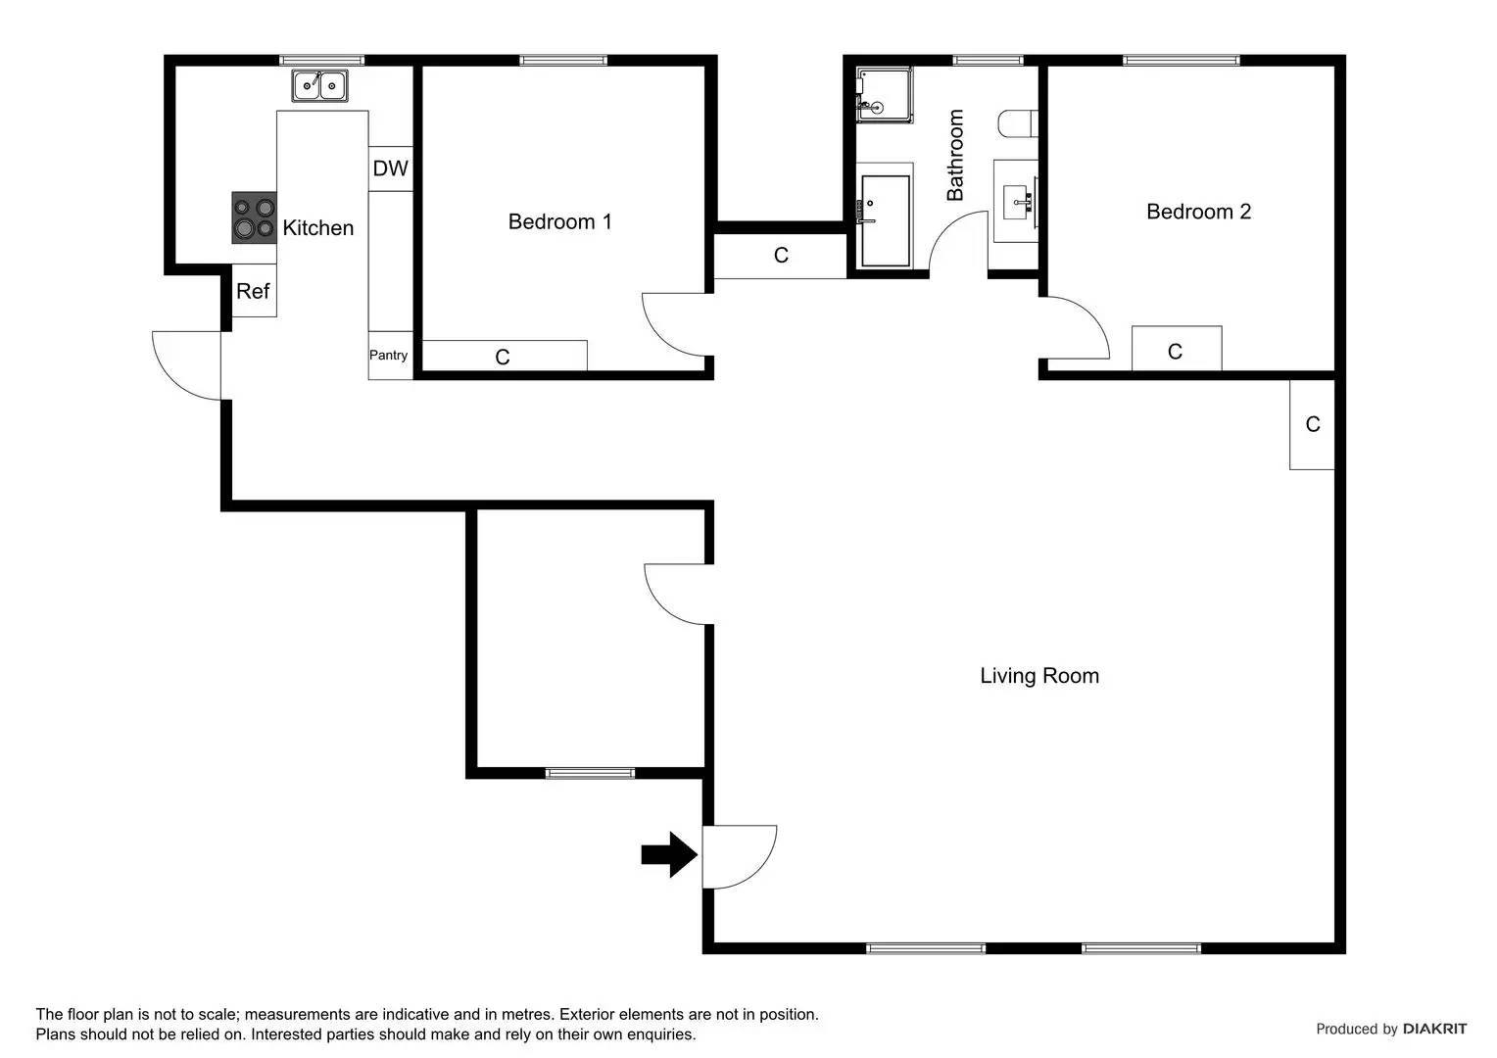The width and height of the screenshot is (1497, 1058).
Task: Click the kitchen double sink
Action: (x=320, y=86)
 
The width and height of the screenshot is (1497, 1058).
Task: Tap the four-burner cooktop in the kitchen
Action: (x=254, y=217)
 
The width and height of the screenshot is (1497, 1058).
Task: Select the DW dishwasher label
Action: (x=390, y=168)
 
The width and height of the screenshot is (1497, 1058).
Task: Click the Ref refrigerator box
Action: (x=254, y=291)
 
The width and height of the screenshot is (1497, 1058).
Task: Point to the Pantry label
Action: (x=389, y=356)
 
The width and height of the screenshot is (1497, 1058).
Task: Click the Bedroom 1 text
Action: (x=559, y=222)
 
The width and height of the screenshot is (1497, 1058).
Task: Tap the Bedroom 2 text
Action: (x=1198, y=212)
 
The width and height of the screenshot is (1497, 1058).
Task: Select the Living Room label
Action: (x=1039, y=676)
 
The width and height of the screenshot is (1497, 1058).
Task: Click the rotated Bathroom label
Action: (x=955, y=155)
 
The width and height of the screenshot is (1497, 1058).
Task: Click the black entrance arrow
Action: (x=668, y=854)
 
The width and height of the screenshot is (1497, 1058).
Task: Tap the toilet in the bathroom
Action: (x=1017, y=124)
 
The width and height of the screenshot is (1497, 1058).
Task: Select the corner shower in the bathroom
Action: (x=884, y=94)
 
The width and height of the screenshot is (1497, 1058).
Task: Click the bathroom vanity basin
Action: (x=1016, y=200)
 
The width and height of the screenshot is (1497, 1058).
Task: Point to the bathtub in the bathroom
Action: (x=885, y=220)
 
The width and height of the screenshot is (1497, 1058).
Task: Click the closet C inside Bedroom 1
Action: (x=504, y=357)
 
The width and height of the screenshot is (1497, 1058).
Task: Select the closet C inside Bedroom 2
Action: (x=1176, y=350)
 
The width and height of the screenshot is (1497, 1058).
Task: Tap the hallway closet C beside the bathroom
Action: (x=780, y=256)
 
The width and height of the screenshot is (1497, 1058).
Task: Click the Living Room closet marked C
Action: (x=1312, y=424)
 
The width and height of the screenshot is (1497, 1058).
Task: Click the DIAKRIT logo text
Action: (x=1434, y=1029)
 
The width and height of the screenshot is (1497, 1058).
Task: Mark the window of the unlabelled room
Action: (x=590, y=773)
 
